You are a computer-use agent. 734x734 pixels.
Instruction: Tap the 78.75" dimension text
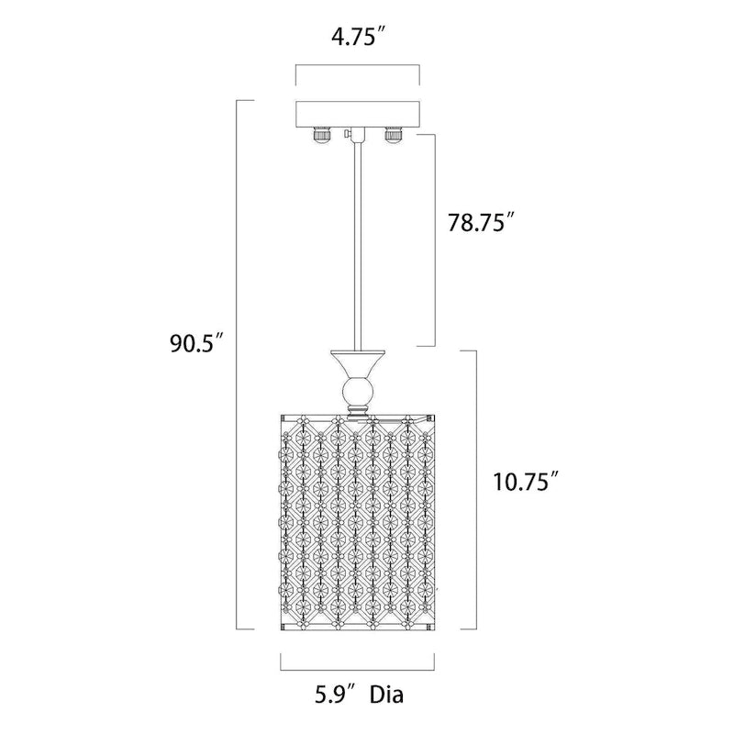click(474, 223)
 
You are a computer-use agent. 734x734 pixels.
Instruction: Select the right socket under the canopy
click(392, 135)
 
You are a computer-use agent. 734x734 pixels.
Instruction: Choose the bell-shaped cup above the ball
click(356, 365)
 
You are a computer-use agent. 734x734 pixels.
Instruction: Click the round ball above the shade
click(356, 395)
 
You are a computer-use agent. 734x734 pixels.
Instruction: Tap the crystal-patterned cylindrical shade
click(356, 523)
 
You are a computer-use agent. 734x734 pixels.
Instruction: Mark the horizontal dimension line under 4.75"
click(356, 65)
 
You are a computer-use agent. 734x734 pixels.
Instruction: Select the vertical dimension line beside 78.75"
click(433, 239)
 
